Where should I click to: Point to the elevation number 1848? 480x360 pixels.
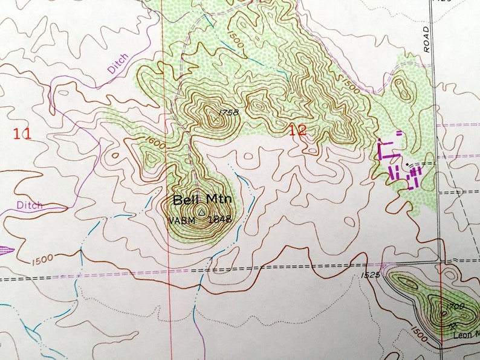(218, 220)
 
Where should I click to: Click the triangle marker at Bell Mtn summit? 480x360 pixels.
(201, 212)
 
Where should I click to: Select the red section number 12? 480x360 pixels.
(297, 130)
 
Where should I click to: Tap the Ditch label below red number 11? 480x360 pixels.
(30, 205)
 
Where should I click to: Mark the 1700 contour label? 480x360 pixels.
(454, 307)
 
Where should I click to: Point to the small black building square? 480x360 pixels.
(409, 163)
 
